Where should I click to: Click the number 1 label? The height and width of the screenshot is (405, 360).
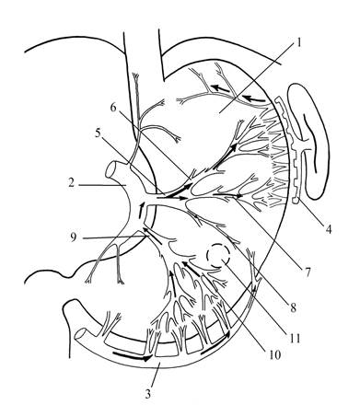pos(297,42)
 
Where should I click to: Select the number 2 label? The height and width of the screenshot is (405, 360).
pos(72,183)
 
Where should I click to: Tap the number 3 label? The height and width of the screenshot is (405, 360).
pos(148,393)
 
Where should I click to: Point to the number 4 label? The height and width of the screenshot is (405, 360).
pos(329,228)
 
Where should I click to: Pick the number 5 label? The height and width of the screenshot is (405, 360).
pos(98,133)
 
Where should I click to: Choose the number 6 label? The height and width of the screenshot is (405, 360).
pos(114,108)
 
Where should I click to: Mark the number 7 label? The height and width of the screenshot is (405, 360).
pos(308,271)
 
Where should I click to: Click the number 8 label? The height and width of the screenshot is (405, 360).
pos(294,307)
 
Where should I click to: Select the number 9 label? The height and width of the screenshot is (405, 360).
pos(73,237)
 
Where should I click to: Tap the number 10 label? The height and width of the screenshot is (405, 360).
pos(274,354)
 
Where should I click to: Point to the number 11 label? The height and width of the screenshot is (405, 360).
pos(295,338)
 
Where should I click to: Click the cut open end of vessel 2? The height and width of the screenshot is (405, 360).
pos(110,170)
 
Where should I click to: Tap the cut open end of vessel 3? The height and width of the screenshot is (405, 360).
pos(81,335)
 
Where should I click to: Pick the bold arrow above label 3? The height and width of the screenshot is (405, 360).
pos(133,357)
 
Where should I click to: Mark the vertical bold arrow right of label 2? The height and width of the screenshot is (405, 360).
pos(141,211)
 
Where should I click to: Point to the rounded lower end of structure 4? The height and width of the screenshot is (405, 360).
pos(296,201)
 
